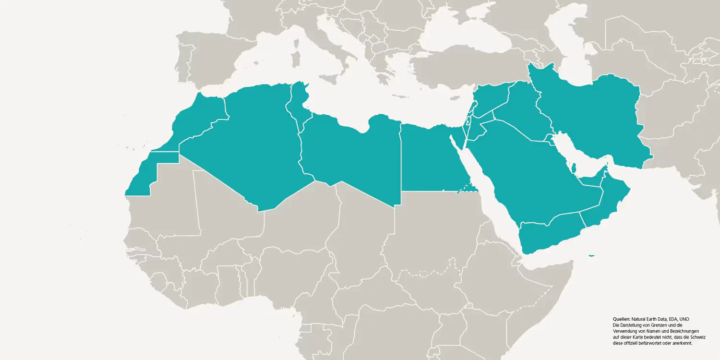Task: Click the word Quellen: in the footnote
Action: (622, 319)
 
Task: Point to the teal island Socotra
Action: (591, 255)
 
